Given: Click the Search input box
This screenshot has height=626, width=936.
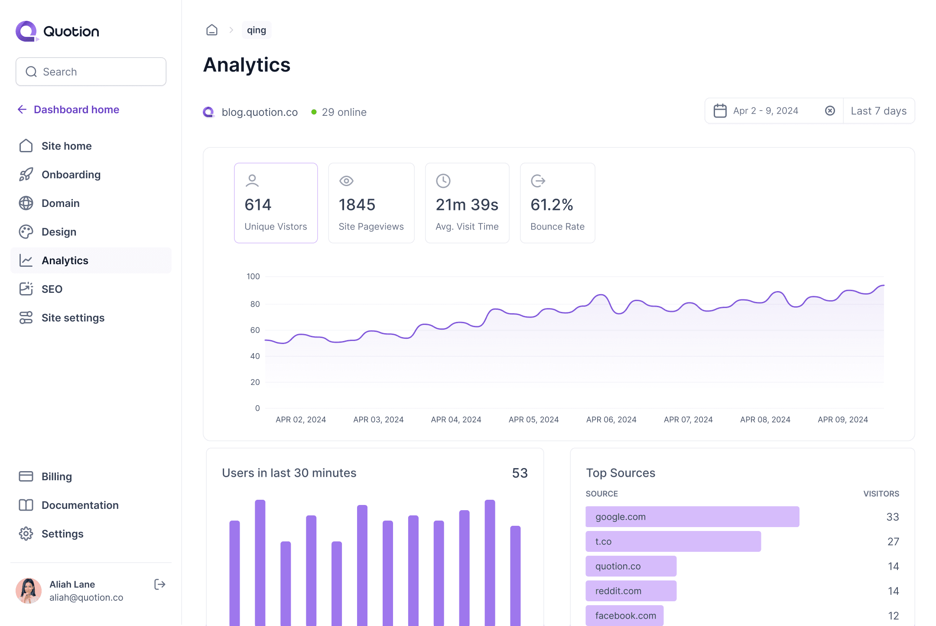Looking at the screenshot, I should coord(91,72).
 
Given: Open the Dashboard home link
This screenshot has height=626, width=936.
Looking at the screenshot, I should coord(76,110).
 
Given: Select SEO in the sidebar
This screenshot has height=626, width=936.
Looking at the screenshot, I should coord(52,289).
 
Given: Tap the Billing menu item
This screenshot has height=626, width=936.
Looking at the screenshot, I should coord(56,477).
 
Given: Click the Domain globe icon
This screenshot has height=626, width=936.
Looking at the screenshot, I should coord(26,203).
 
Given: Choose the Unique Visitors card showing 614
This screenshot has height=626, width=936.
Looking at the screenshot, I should coord(276,203).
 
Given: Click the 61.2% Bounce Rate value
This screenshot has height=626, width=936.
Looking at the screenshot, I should coord(552,205).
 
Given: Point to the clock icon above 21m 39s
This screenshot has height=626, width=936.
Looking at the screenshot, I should coord(443,181).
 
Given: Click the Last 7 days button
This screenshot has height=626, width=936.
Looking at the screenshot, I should coord(878,111).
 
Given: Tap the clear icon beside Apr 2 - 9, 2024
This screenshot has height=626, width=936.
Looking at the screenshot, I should coord(830,111).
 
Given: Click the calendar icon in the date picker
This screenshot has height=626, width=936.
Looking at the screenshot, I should coord(720,111).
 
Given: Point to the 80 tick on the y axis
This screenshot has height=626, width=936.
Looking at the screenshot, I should coord(255,304).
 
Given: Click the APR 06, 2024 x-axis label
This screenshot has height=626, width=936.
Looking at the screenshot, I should coord(611,420).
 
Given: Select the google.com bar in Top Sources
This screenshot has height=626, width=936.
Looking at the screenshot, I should coord(692,517).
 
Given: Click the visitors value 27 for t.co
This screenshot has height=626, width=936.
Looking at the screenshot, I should coord(893,541).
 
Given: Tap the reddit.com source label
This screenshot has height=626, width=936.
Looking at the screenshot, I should coord(618,591).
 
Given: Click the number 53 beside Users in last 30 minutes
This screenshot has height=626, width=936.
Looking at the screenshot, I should coord(520,473).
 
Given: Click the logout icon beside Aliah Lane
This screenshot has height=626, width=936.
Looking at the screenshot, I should coord(159,584).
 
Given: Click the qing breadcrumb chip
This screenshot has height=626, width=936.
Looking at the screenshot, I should coord(257,30).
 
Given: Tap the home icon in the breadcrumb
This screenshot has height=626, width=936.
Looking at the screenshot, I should coord(212,30).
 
